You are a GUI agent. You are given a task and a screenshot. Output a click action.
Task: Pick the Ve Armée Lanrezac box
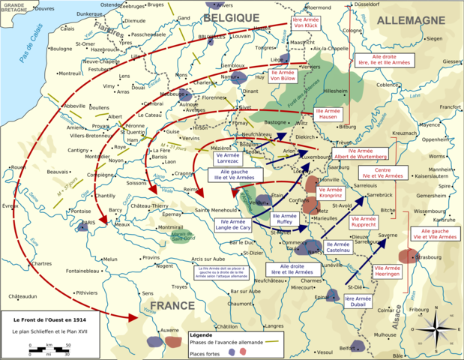[228, 156]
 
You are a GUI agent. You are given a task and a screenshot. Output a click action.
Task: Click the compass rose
[442, 331]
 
